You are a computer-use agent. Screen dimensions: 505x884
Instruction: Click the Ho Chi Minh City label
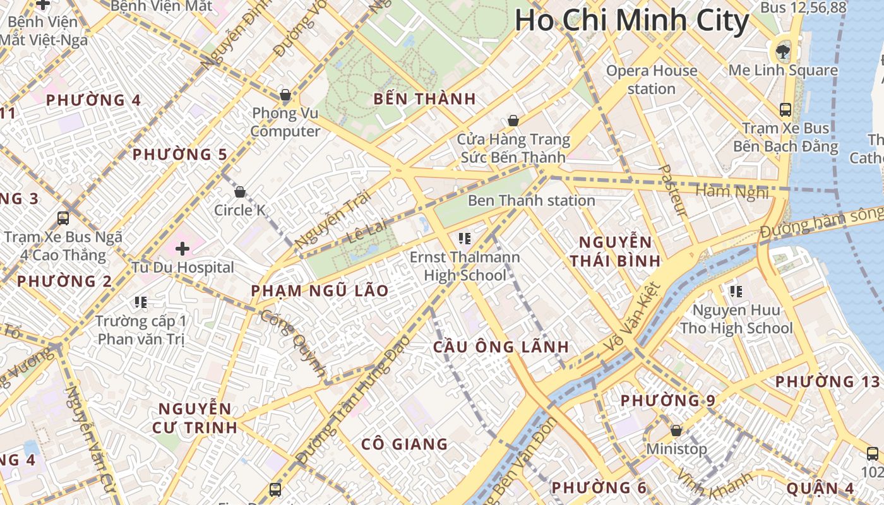631,21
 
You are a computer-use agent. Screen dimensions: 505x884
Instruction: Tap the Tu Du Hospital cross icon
182,249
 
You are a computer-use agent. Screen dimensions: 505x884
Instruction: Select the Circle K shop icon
240,192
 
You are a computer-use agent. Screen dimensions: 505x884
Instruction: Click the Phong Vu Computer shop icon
285,95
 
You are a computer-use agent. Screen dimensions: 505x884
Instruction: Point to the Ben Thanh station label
531,201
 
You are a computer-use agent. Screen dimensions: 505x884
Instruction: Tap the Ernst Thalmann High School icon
465,239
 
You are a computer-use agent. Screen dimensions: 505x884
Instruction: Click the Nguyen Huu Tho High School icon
736,292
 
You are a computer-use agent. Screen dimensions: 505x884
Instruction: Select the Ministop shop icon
676,431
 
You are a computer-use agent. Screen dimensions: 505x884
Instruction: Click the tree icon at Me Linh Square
783,51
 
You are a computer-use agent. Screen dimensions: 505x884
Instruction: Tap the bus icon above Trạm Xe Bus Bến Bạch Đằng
785,110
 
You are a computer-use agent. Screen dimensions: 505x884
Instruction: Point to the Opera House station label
652,80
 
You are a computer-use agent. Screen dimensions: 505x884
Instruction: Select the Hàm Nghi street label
732,191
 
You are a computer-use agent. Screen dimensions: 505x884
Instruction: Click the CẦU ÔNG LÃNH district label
501,347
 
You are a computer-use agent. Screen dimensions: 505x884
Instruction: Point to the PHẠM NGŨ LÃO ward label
320,291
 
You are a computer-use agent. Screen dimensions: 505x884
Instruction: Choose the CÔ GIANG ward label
404,444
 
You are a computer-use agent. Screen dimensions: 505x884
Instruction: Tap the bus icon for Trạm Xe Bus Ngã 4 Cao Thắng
63,218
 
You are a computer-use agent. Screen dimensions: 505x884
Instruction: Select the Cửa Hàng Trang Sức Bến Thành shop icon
513,121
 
